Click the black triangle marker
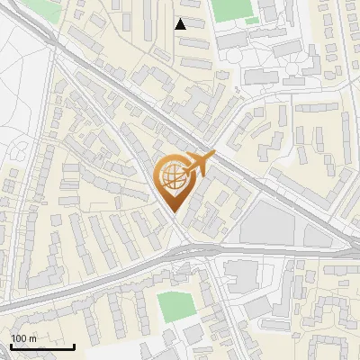coord(181,24)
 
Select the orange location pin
coord(173,180)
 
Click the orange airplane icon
coord(199,164)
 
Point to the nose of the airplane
coord(214,155)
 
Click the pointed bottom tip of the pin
coord(173,212)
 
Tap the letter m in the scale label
coord(33,337)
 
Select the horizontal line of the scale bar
coord(42,346)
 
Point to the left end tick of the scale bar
coord(11,345)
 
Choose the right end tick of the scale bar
coord(74,345)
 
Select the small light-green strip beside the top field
coord(253,21)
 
